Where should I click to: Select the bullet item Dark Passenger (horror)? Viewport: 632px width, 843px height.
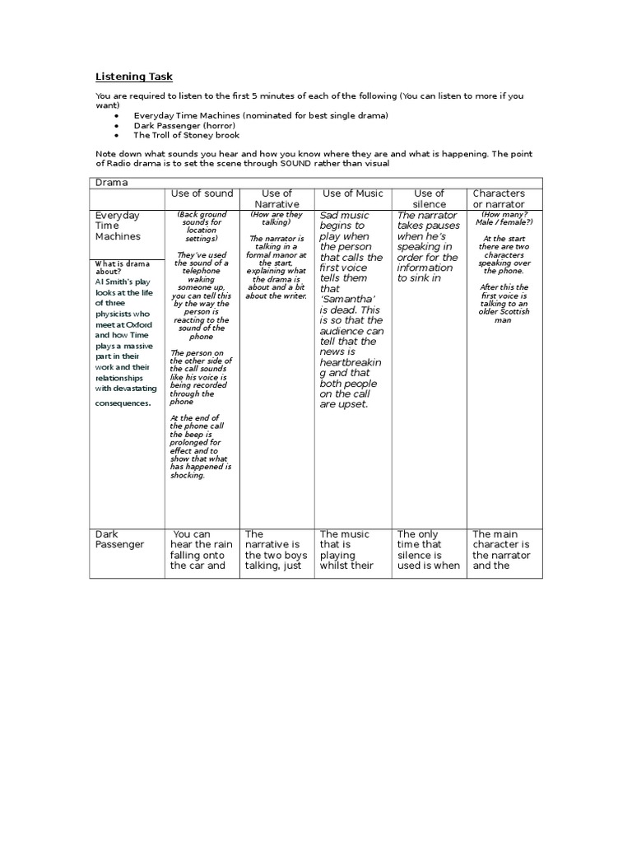tap(186, 125)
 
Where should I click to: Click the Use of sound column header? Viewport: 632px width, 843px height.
tap(202, 193)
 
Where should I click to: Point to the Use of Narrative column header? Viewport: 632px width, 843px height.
tap(276, 198)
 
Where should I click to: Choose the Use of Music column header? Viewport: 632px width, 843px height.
tap(352, 193)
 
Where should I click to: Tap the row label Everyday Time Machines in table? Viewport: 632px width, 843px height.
tap(118, 226)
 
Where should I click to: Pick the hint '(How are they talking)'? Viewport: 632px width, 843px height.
tap(276, 218)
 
